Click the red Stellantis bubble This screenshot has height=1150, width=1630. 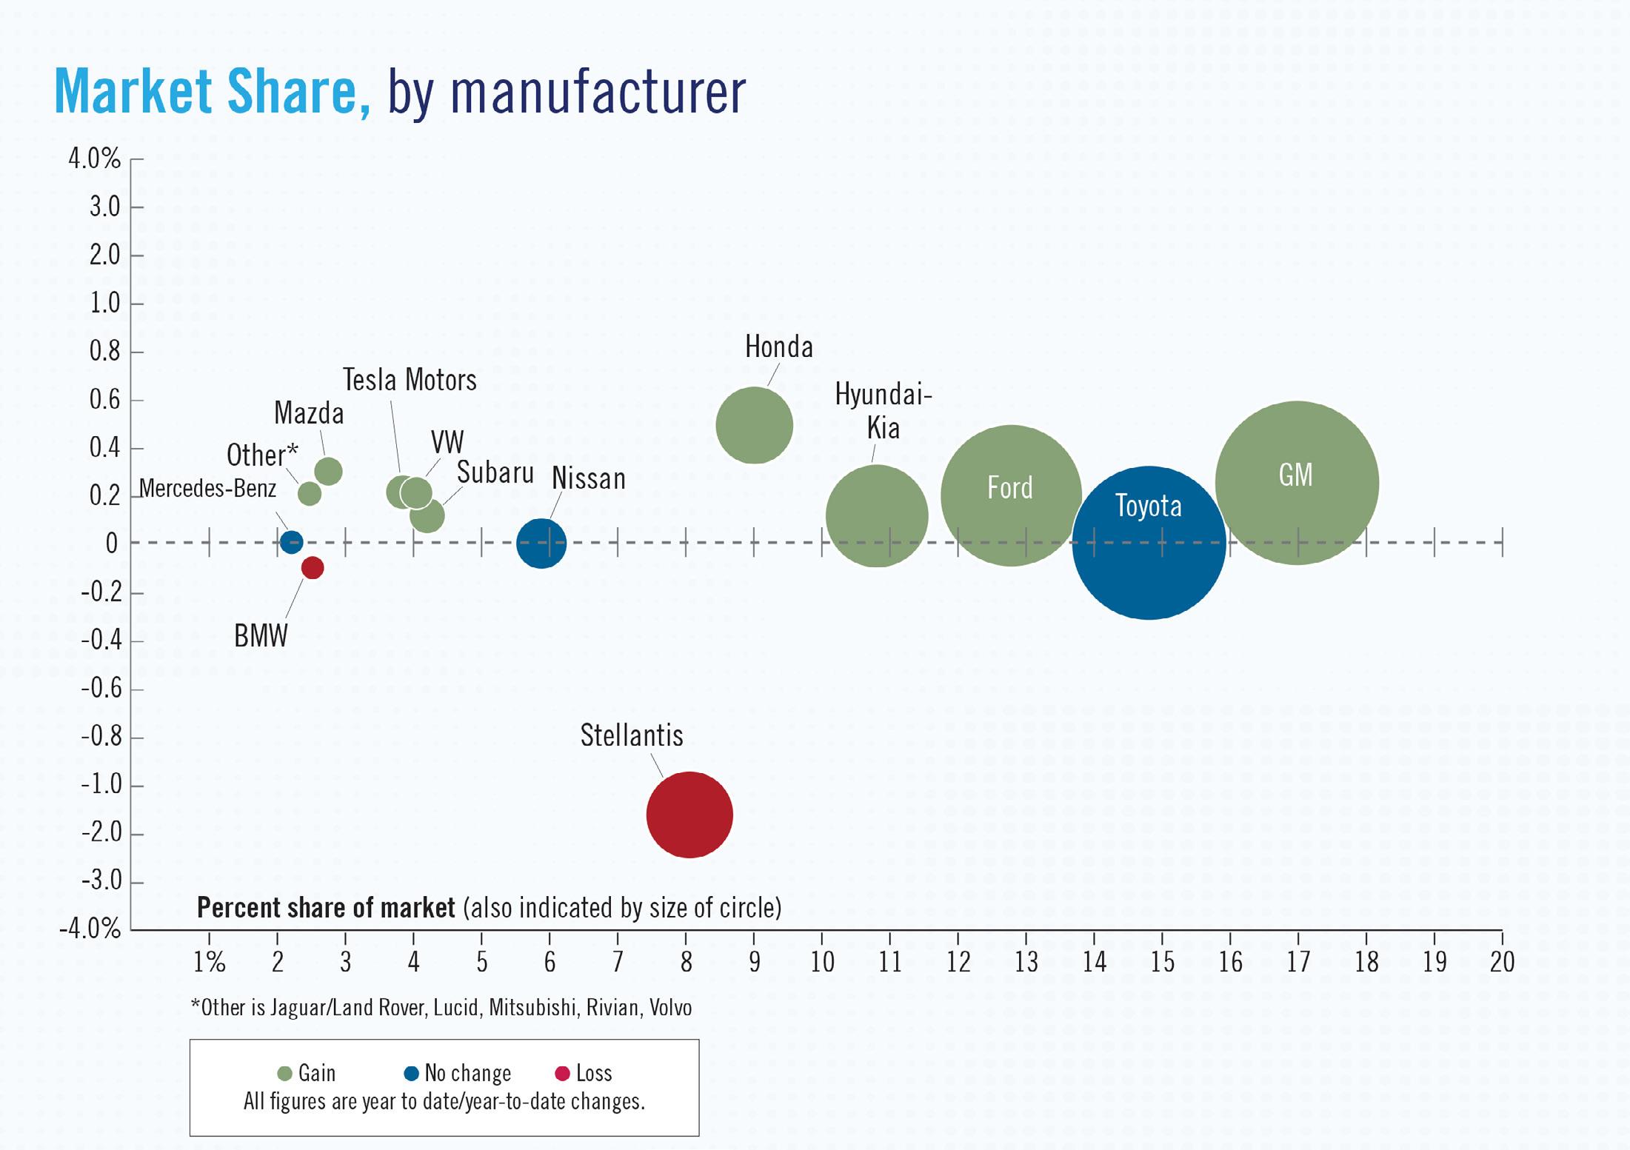689,815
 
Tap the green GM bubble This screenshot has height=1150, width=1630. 1297,483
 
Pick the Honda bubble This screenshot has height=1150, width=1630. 754,425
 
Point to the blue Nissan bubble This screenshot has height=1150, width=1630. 541,543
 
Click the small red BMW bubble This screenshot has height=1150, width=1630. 313,568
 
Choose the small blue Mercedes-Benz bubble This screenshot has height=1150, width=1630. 292,542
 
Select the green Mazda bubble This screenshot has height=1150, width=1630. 328,471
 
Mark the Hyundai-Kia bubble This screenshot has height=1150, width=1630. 877,516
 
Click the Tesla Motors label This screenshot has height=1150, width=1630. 410,380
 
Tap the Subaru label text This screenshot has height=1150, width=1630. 495,472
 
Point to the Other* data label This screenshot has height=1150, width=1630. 262,455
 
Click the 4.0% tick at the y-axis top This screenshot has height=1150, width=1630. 94,158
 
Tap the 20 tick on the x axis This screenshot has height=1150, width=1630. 1502,962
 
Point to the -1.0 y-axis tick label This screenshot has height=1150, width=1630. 101,784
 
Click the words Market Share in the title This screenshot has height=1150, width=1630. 212,91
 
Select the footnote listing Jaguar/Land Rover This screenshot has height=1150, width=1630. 441,1008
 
